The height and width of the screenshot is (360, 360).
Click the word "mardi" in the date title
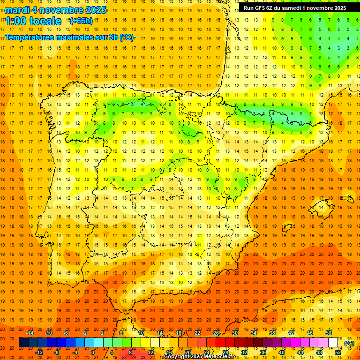pyautogui.click(x=16, y=10)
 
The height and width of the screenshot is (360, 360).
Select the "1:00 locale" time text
pyautogui.click(x=33, y=21)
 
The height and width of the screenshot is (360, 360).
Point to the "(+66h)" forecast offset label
pyautogui.click(x=81, y=21)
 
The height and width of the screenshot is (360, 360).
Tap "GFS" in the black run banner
pyautogui.click(x=261, y=8)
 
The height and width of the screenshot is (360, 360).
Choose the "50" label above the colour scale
pyautogui.click(x=329, y=333)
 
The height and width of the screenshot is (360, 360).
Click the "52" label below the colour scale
pyautogui.click(x=338, y=352)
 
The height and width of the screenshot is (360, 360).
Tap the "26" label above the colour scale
pyautogui.click(x=216, y=333)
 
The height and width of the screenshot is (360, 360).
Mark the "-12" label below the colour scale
pyautogui.click(x=39, y=352)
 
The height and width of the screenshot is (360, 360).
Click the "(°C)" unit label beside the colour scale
pyautogui.click(x=349, y=343)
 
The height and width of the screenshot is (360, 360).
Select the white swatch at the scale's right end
pyautogui.click(x=333, y=343)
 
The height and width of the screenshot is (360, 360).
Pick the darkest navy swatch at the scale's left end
pyautogui.click(x=23, y=343)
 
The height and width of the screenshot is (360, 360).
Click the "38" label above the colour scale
pyautogui.click(x=272, y=333)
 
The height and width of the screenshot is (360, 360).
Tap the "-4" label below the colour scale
pyautogui.click(x=75, y=352)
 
